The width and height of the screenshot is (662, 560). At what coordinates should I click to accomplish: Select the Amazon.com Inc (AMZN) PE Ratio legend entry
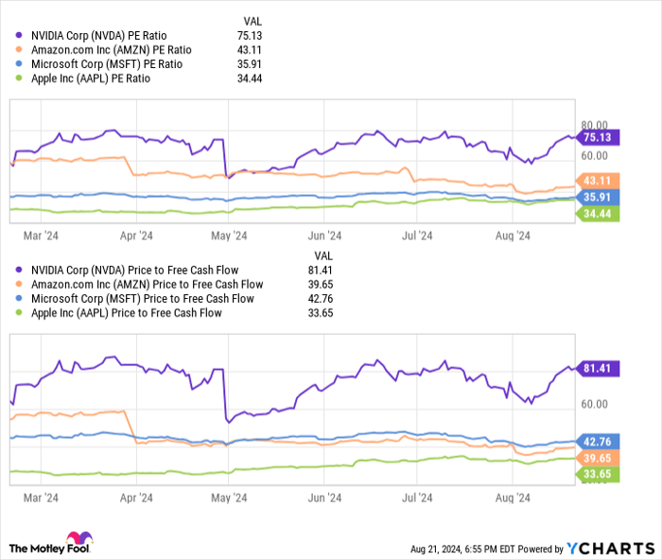(x=112, y=50)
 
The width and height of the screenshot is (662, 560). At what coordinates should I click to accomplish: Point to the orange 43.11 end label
(x=598, y=180)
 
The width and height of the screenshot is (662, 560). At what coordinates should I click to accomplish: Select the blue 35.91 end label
(x=598, y=197)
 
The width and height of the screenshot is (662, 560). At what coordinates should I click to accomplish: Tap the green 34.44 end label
(x=598, y=215)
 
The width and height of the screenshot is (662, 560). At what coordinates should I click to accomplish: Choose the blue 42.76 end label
(x=598, y=442)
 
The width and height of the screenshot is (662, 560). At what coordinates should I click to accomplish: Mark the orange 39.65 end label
(x=598, y=457)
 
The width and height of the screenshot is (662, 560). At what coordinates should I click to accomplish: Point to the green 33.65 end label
(x=598, y=474)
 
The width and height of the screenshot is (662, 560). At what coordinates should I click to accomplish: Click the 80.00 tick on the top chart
(x=594, y=124)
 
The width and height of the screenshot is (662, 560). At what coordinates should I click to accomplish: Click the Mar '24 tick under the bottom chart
(x=41, y=496)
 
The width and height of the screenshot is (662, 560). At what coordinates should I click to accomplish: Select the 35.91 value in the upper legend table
(x=248, y=64)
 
